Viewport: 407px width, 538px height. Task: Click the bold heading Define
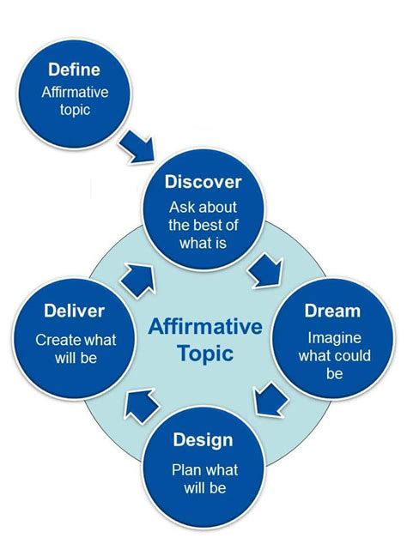[x=74, y=69]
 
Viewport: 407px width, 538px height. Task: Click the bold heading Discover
[x=203, y=183]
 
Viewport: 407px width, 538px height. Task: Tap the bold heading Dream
[x=332, y=311]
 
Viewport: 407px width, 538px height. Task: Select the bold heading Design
[x=203, y=440]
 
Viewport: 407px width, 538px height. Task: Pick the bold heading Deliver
[x=75, y=311]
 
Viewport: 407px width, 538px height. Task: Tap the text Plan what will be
[x=204, y=479]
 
